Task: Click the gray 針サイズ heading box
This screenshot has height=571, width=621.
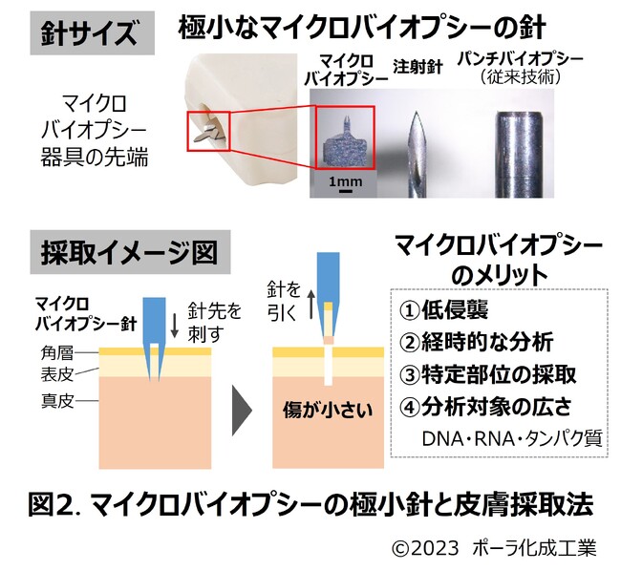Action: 93,33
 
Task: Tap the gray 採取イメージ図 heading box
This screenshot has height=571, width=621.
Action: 130,252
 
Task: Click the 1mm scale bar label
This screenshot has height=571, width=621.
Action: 345,181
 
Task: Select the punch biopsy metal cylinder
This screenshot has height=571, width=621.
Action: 519,155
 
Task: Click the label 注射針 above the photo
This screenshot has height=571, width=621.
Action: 418,67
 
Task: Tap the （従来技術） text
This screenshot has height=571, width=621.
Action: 521,76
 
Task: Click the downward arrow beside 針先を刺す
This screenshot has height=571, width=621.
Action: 175,327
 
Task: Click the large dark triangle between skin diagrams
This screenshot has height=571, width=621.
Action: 242,411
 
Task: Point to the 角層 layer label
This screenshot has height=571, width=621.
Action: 56,352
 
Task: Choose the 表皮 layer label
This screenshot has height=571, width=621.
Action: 57,374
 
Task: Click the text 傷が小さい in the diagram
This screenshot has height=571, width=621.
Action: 328,410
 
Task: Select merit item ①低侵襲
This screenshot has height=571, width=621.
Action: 443,309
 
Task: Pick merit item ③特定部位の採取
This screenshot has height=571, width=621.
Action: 487,374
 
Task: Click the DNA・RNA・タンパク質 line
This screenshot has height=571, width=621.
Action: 512,438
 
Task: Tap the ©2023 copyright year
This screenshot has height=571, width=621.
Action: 425,548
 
